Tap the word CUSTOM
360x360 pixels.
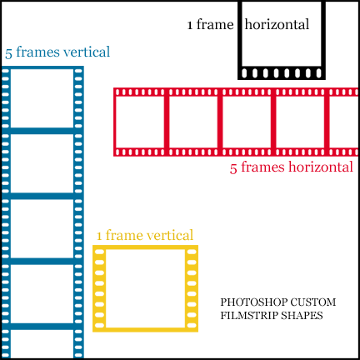pos(314,302)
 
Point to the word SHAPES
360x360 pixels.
pos(302,316)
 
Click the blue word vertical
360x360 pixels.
pos(87,52)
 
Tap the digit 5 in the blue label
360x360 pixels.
pos(8,53)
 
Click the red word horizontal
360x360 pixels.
pos(321,167)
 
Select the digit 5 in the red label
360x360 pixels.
pos(233,168)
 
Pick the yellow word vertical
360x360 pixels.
pos(170,235)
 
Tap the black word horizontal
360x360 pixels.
pos(277,24)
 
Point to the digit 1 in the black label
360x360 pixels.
pos(190,26)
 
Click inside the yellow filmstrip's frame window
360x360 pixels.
pos(145,288)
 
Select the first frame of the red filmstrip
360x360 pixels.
pos(140,122)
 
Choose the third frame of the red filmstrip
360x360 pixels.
pos(247,122)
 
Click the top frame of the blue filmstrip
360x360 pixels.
pos(42,98)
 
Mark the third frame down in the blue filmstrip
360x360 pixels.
pos(42,228)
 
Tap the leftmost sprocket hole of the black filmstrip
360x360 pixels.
pos(244,73)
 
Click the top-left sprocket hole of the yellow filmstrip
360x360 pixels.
pos(99,252)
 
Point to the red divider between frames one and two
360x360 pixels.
pos(167,122)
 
